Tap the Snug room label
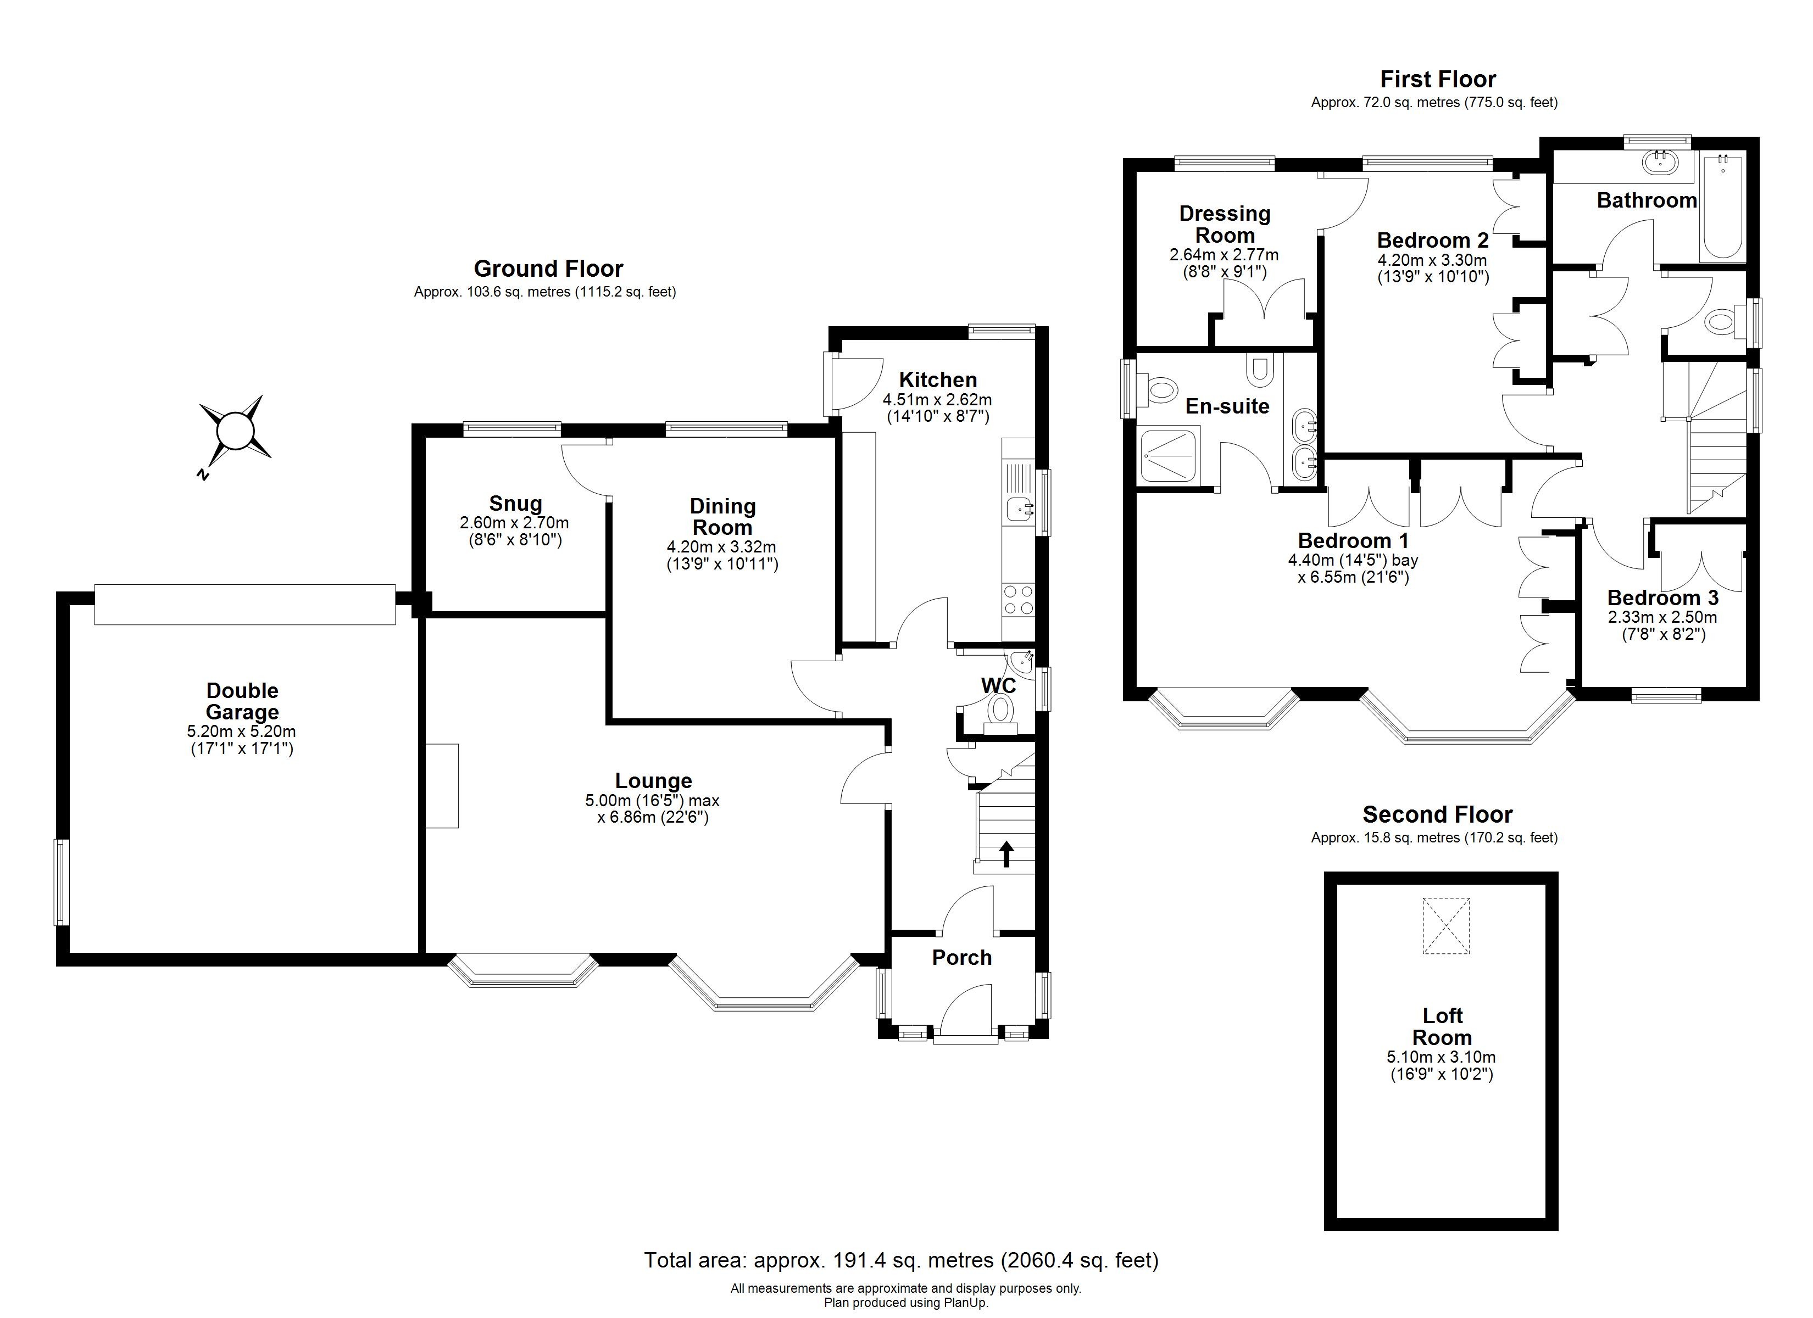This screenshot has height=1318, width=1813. [x=515, y=504]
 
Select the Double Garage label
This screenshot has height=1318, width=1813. [x=242, y=701]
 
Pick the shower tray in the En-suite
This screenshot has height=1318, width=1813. [x=1170, y=456]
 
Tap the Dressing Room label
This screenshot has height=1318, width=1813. [x=1225, y=225]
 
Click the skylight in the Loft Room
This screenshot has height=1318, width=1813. [x=1445, y=925]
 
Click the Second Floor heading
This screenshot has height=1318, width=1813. [x=1437, y=814]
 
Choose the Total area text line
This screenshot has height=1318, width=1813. [x=901, y=1260]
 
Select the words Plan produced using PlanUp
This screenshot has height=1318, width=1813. [x=906, y=1303]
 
